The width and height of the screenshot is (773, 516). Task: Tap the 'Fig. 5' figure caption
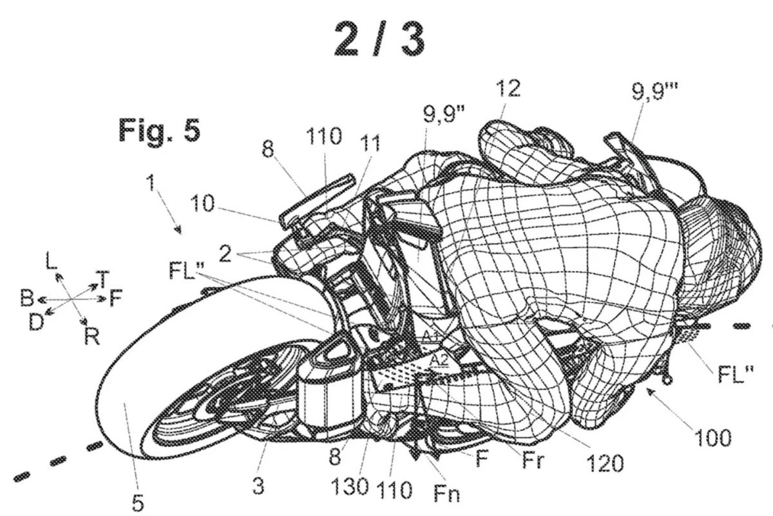click(x=160, y=130)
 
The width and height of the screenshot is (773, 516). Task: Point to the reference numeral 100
click(x=712, y=438)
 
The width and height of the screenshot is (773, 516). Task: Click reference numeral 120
click(x=605, y=463)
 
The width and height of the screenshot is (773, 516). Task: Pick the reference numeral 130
click(x=350, y=486)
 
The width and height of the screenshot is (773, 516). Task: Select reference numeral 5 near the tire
click(x=138, y=502)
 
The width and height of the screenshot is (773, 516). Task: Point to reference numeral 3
click(x=258, y=485)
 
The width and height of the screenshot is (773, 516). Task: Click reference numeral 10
click(x=202, y=204)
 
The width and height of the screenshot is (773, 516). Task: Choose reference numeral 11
click(x=370, y=143)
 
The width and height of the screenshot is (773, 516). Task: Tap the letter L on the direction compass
click(x=51, y=260)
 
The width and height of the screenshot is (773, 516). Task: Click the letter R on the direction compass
click(x=91, y=337)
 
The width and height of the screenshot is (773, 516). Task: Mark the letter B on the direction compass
click(x=27, y=298)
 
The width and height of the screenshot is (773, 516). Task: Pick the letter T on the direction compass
click(x=102, y=277)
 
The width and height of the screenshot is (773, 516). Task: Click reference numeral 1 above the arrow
click(x=151, y=183)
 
